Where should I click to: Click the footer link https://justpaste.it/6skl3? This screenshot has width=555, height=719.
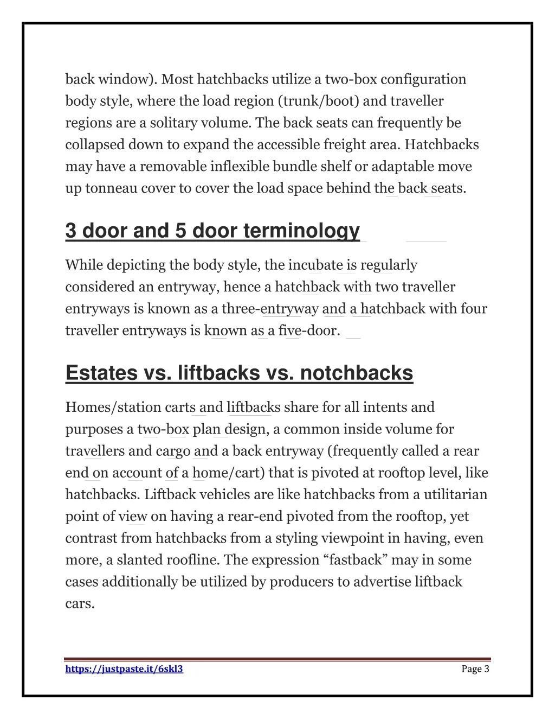point(124,669)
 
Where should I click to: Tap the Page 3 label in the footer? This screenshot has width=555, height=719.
point(475,669)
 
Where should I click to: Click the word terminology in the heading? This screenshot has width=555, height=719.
point(301,231)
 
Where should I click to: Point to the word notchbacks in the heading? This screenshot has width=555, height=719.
point(356,373)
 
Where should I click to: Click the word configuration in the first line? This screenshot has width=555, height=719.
point(423,79)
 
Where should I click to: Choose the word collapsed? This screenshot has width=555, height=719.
point(95,144)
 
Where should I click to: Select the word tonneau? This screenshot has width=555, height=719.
point(111,188)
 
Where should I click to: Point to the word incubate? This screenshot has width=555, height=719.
point(315,265)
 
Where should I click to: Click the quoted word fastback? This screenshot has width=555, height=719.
point(358,560)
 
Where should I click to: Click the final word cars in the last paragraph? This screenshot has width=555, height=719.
point(80,603)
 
